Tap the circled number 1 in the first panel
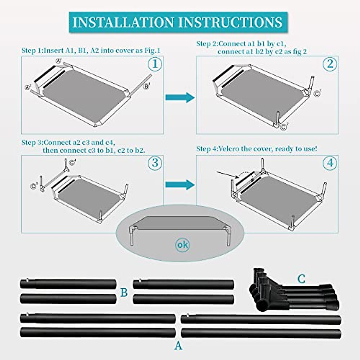(155, 64)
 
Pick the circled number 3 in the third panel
(155, 163)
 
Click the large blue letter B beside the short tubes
(124, 292)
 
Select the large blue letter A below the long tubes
(178, 346)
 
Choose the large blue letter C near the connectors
(301, 279)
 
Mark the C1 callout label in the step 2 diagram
(317, 93)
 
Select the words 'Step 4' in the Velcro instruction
(206, 149)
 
